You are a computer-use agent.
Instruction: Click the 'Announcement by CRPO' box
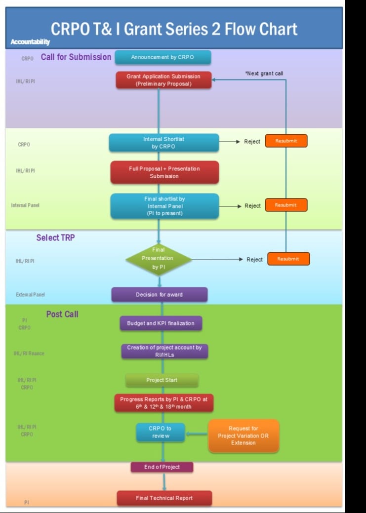[163, 57]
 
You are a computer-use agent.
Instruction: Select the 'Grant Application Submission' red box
[163, 80]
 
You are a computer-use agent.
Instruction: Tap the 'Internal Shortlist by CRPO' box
[163, 143]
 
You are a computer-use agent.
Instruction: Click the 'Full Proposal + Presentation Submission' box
[164, 172]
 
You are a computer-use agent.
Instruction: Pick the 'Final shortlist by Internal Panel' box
[164, 206]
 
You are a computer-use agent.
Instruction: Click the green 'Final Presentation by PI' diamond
[158, 259]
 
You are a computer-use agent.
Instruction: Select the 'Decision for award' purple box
[159, 295]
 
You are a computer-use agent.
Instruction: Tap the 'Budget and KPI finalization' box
[161, 323]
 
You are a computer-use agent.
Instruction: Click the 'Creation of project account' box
[164, 351]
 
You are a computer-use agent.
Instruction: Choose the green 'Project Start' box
[162, 380]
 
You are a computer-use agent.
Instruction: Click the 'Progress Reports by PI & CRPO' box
[163, 403]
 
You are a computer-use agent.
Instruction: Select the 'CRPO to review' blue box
[160, 432]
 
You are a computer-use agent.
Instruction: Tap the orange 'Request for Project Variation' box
[244, 436]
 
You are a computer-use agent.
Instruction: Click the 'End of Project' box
[162, 467]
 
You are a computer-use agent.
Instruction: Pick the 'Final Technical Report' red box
[164, 498]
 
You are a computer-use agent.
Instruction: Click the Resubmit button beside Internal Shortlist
[286, 141]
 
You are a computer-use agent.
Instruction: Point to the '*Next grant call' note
[264, 74]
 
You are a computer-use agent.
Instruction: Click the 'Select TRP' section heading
[55, 237]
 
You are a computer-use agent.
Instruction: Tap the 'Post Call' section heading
[62, 314]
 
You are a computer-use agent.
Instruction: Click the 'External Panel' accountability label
[30, 295]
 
